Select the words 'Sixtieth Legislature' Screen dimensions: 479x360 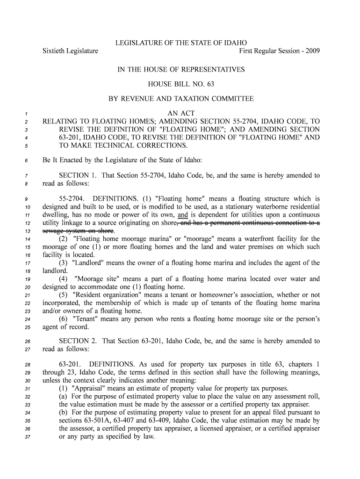pyautogui.click(x=71, y=51)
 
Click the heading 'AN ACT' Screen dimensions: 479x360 pyautogui.click(x=181, y=114)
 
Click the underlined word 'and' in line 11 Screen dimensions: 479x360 pyautogui.click(x=183, y=215)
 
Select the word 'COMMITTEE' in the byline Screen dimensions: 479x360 pyautogui.click(x=232, y=99)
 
